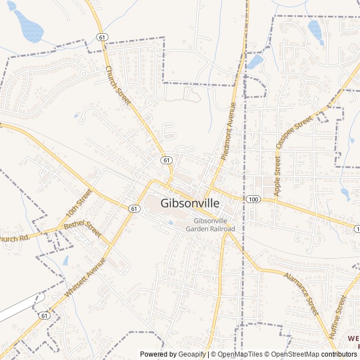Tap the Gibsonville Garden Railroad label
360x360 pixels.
[214, 225]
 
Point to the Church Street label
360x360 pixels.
[118, 85]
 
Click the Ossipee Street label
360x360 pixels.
[294, 133]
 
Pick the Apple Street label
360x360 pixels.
[277, 177]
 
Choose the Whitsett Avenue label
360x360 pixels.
[86, 277]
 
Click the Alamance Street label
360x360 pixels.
[301, 294]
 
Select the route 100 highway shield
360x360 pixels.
[253, 199]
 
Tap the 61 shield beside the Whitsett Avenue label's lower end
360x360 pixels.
[44, 316]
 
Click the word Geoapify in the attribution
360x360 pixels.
[191, 354]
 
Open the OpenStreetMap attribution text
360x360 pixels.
[298, 354]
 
